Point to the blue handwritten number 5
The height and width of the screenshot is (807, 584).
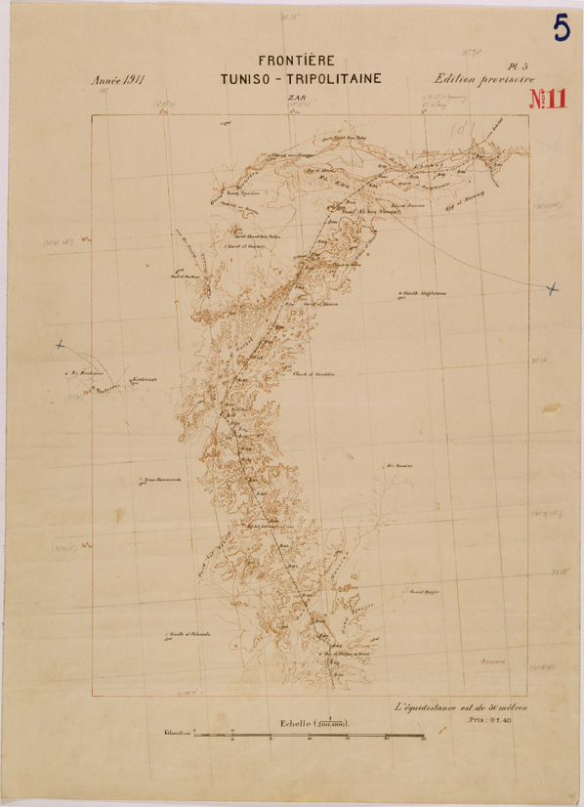click(562, 28)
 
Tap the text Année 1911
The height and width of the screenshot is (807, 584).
click(117, 81)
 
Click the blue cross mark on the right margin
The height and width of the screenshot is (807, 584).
click(552, 287)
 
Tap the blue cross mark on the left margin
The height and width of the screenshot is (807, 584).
click(61, 345)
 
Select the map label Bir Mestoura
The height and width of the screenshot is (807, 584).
click(87, 372)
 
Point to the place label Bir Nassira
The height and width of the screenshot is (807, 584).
click(400, 465)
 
